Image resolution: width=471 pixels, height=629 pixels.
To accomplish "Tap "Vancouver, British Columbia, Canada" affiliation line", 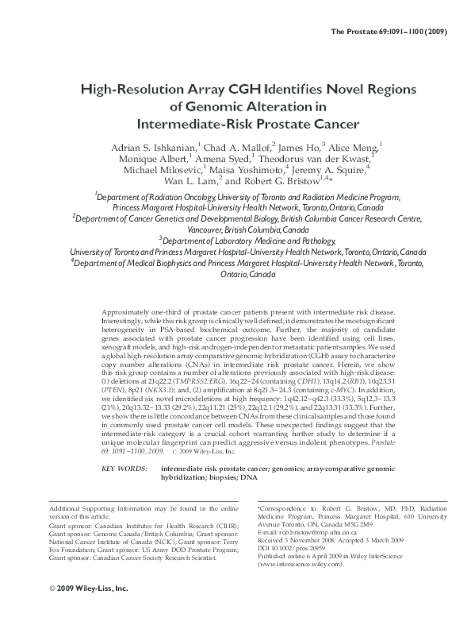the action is (x=235, y=227).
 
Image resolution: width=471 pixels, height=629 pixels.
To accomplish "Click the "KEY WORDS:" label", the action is (x=125, y=469).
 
